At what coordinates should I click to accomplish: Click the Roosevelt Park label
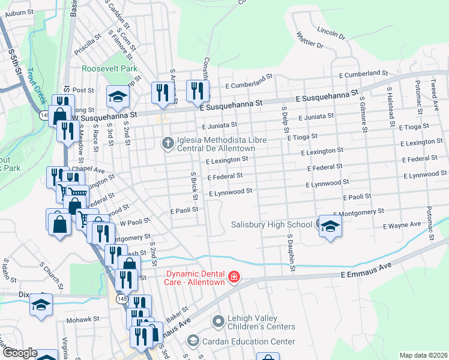[110, 69]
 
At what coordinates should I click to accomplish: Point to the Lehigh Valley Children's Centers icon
[217, 322]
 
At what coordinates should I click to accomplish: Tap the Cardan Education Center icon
[193, 341]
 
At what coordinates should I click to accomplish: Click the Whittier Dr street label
[309, 43]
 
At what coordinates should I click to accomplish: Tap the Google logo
[19, 353]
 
